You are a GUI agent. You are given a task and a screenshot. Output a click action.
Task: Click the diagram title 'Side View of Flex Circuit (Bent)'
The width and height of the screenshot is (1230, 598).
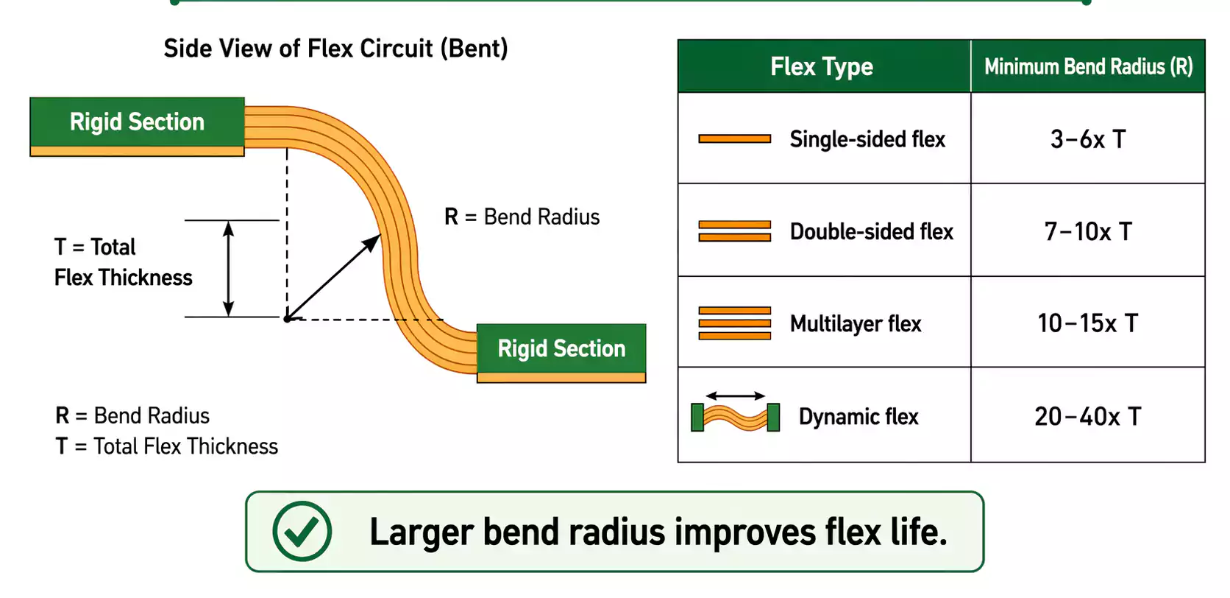(x=335, y=49)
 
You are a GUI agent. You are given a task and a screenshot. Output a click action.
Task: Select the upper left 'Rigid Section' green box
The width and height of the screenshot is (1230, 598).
(x=137, y=122)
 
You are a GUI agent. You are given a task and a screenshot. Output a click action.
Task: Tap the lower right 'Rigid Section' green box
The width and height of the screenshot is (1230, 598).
(x=561, y=348)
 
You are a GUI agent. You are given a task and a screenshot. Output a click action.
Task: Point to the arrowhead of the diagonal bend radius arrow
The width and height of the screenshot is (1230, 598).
(x=376, y=239)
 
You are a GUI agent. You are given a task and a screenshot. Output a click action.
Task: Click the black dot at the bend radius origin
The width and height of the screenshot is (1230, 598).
(x=287, y=319)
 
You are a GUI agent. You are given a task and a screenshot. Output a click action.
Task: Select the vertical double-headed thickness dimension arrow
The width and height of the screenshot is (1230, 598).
(x=229, y=269)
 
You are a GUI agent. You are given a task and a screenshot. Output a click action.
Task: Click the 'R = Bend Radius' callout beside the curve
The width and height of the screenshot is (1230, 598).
(x=522, y=217)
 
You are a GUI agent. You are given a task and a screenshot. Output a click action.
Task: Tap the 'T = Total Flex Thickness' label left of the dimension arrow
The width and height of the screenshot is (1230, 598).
(x=123, y=262)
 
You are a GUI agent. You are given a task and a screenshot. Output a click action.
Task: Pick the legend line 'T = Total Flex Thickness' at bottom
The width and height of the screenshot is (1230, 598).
(x=167, y=446)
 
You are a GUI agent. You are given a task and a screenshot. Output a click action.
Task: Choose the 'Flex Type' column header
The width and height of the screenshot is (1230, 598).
(x=822, y=67)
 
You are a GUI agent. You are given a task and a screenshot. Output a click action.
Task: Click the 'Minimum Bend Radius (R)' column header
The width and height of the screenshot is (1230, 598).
(x=1088, y=67)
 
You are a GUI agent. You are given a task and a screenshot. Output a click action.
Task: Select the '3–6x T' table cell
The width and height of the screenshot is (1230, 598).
(x=1088, y=139)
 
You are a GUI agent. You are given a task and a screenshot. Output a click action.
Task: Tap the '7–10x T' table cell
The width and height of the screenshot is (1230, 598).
(x=1088, y=232)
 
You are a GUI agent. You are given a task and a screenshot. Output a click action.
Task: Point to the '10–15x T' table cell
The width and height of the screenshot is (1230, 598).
(x=1088, y=323)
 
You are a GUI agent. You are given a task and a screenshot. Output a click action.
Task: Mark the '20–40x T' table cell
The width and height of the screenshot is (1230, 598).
(x=1088, y=417)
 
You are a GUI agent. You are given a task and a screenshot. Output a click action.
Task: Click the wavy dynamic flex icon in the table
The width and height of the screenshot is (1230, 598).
(x=735, y=418)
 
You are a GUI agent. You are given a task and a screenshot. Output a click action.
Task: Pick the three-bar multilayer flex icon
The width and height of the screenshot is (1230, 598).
(x=735, y=323)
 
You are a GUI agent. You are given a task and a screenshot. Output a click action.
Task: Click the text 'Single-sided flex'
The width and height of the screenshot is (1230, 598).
(x=867, y=139)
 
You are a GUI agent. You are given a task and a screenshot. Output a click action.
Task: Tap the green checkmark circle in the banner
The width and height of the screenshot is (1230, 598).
(x=302, y=532)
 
